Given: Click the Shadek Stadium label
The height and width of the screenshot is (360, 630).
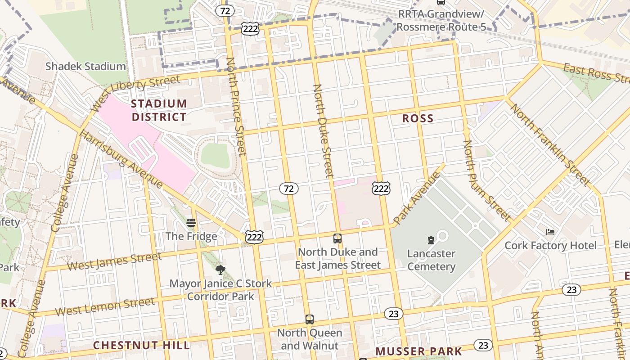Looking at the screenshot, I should coord(85,67).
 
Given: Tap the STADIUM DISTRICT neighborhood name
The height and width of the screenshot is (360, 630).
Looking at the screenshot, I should coord(158,110).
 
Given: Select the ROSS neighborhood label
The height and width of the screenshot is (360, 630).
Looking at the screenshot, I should coord(418,119).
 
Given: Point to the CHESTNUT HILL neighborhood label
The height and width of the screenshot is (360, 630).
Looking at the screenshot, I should coord(141,346).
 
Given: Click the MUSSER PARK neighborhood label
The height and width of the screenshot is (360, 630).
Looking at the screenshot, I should coord(418,351).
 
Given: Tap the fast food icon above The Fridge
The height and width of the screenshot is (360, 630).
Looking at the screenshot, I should coord(191,223).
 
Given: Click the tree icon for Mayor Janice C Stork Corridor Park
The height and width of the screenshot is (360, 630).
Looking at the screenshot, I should coord(220,270).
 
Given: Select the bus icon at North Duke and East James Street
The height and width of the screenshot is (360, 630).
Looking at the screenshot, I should coord(337,238).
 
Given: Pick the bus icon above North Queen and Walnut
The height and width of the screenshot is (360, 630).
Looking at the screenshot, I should coord(309,319).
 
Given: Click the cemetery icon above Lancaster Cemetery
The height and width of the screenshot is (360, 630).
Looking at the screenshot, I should coord(431,240).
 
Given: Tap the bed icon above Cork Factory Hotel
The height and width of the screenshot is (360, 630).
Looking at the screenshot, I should coord(550,232).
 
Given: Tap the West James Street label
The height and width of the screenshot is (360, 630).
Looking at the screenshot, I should coord(114,261).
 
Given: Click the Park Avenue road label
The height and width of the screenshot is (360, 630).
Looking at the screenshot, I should coord(416,198).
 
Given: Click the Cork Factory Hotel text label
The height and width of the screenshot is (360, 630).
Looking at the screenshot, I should coord(550,246).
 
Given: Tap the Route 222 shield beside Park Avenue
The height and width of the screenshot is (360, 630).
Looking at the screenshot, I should coord(381,189).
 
